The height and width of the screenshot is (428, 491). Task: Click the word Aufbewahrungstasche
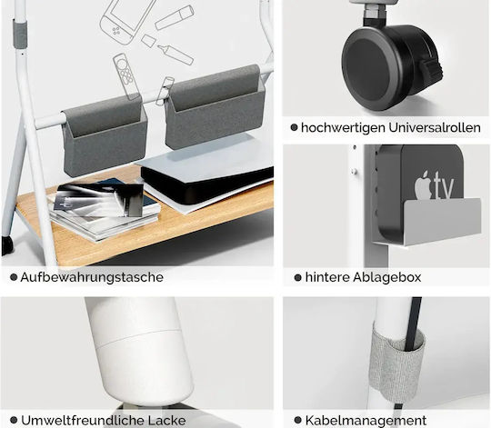coord(92,277)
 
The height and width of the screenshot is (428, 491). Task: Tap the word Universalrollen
coord(435,127)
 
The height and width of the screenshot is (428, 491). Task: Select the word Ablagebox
coord(386,277)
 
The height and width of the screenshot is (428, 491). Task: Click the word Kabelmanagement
coord(366,420)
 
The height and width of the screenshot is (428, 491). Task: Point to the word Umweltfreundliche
coord(82,420)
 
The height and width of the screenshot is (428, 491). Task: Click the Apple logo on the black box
coord(423,184)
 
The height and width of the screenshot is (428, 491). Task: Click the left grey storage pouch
coord(105,136)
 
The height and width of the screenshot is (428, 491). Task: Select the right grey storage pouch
coord(215,108)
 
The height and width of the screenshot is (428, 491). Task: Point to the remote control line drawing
coord(126,76)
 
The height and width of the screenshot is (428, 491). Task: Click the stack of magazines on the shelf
coord(105,210)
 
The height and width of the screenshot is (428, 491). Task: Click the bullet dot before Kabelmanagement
coord(298,420)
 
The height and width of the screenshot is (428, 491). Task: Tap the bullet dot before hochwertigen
coord(294,127)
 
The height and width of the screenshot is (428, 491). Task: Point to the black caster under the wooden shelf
coord(7,244)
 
